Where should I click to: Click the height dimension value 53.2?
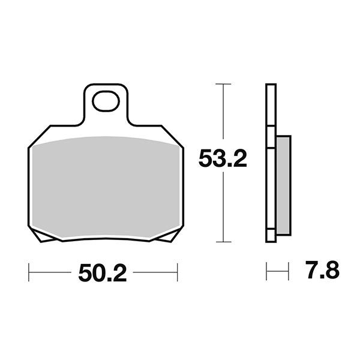click(x=223, y=160)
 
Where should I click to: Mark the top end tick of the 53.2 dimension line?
click(x=223, y=84)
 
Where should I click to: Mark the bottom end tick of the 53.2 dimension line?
click(x=223, y=242)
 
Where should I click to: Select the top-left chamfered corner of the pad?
click(x=39, y=136)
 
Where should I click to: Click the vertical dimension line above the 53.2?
click(x=223, y=114)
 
